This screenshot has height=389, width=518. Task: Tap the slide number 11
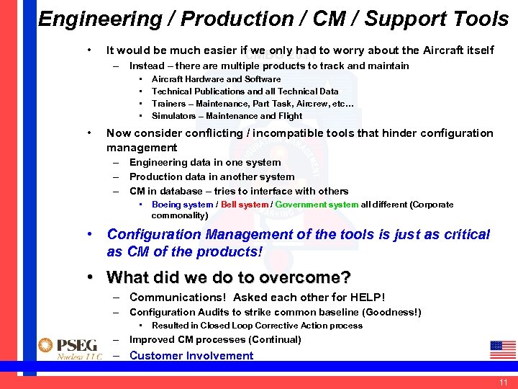point(503,382)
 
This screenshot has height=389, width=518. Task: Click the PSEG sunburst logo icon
point(47,345)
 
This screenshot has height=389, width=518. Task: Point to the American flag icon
point(502,349)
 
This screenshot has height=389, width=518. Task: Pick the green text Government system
point(317,205)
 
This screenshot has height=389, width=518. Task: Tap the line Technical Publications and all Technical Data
point(245,91)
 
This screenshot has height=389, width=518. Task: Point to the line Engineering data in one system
point(205,163)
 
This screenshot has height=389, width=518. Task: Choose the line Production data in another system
point(212,176)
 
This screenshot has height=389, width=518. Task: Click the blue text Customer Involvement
point(191,355)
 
